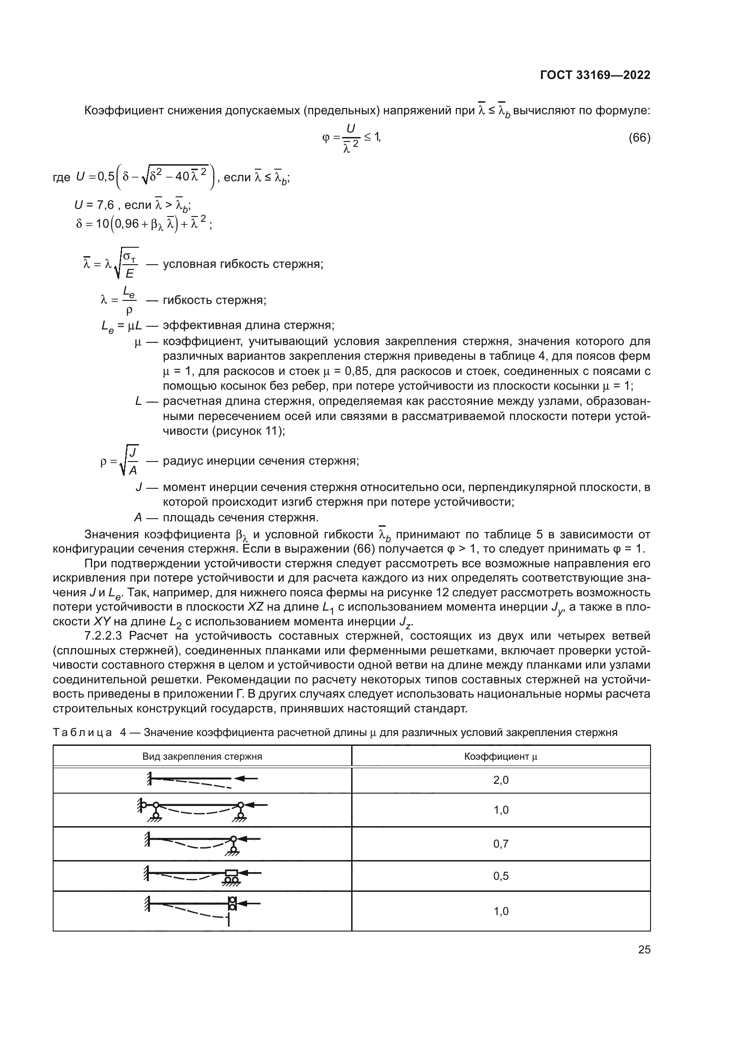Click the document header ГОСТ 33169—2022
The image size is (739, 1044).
[x=595, y=75]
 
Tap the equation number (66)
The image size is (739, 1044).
[x=639, y=138]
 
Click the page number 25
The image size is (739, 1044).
[x=644, y=949]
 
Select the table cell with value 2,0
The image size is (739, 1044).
[x=500, y=780]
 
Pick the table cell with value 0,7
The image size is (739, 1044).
[x=500, y=844]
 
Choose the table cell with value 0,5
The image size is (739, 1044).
[x=500, y=876]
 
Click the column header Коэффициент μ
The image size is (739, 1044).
[x=500, y=757]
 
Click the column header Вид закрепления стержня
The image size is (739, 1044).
[x=202, y=757]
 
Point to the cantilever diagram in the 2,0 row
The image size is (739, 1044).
[x=202, y=780]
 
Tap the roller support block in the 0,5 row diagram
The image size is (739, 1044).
[x=231, y=873]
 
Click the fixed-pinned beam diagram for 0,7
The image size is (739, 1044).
[x=202, y=844]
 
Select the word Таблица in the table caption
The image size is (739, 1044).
[x=82, y=732]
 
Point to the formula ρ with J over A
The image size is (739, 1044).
[x=120, y=461]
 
